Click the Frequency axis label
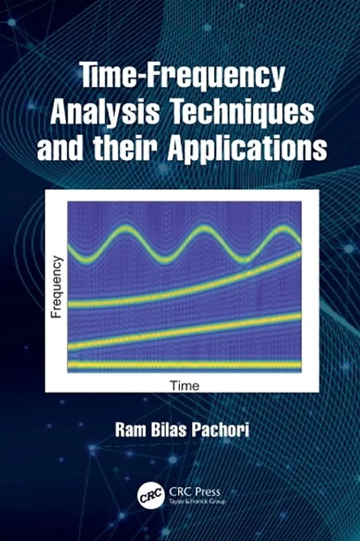(57, 287)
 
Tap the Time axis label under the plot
(184, 386)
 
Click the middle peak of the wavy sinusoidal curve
(202, 231)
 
